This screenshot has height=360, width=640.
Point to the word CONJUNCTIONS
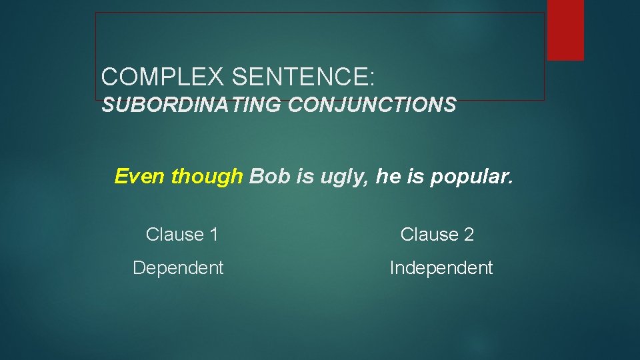point(373,105)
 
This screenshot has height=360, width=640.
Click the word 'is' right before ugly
point(297,176)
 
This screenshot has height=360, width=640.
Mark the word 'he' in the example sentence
point(387,176)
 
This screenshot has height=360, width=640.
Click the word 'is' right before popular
point(413,176)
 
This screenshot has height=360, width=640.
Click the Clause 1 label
point(182,235)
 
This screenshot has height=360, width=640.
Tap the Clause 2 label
point(437,235)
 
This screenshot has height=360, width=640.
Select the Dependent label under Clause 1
point(178,268)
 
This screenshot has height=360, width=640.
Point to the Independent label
point(441,268)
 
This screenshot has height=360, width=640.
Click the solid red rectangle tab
point(565,29)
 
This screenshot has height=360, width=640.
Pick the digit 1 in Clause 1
point(213,235)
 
